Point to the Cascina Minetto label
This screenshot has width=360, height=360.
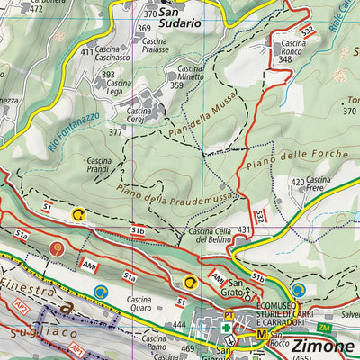coord(190,73)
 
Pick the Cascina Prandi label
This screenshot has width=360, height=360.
coord(99,165)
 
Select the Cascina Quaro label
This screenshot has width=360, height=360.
coord(139,304)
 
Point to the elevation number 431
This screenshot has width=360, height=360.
coord(244,231)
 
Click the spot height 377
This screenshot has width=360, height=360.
coord(115,132)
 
